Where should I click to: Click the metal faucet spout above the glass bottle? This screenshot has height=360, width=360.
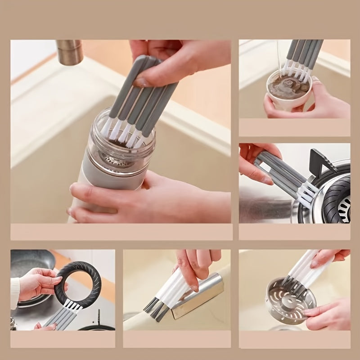[x=70, y=51]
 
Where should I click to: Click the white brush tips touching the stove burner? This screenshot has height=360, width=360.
[x=308, y=193]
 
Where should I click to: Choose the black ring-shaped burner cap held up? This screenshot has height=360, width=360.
[x=79, y=283]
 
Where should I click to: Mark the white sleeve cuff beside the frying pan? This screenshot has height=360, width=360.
[x=15, y=292]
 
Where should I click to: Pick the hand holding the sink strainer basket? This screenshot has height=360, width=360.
[x=328, y=315]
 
